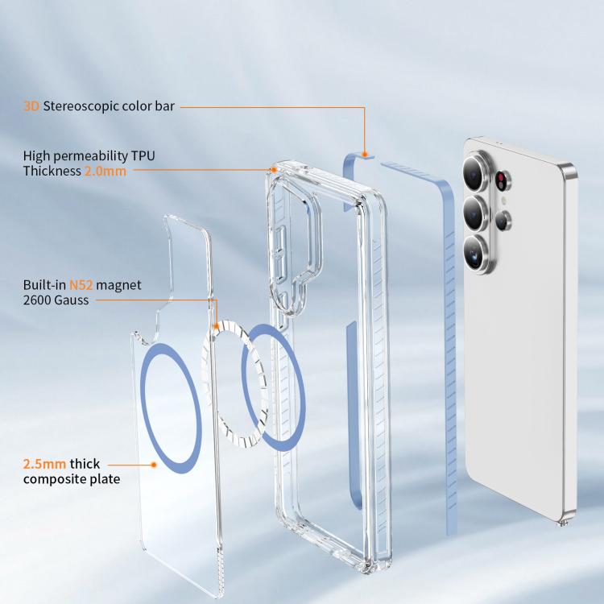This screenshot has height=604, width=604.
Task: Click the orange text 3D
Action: click(x=31, y=106)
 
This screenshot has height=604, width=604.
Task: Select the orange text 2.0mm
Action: click(x=105, y=171)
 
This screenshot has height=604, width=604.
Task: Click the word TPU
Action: click(x=143, y=155)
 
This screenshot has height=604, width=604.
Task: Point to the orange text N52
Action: click(x=81, y=285)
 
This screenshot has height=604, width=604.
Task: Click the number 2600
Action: click(x=37, y=300)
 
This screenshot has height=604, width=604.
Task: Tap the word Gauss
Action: click(x=72, y=300)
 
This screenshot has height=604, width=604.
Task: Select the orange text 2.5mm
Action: click(x=44, y=464)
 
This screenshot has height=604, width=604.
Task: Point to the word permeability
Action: click(x=90, y=156)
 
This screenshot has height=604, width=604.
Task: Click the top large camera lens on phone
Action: click(x=476, y=172)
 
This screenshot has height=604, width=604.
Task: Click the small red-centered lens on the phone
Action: click(x=502, y=180)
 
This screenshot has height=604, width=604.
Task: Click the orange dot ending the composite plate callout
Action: click(x=154, y=465)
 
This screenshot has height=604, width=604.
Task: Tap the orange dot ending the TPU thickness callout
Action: click(x=274, y=170)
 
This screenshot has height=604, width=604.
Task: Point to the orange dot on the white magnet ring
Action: click(x=217, y=327)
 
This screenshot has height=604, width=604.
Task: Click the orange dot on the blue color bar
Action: click(x=364, y=155)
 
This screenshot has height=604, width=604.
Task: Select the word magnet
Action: click(x=118, y=285)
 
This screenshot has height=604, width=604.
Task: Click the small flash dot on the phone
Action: click(x=503, y=201)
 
